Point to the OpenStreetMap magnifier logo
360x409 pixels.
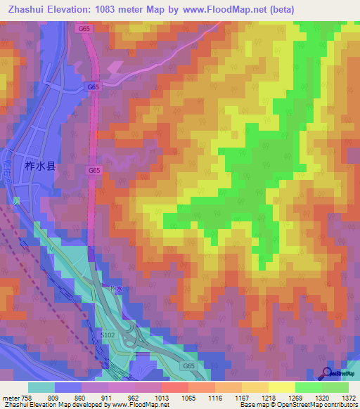coord(328,373)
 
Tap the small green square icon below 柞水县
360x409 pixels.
coord(16,200)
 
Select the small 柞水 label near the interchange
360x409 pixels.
coord(117,289)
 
